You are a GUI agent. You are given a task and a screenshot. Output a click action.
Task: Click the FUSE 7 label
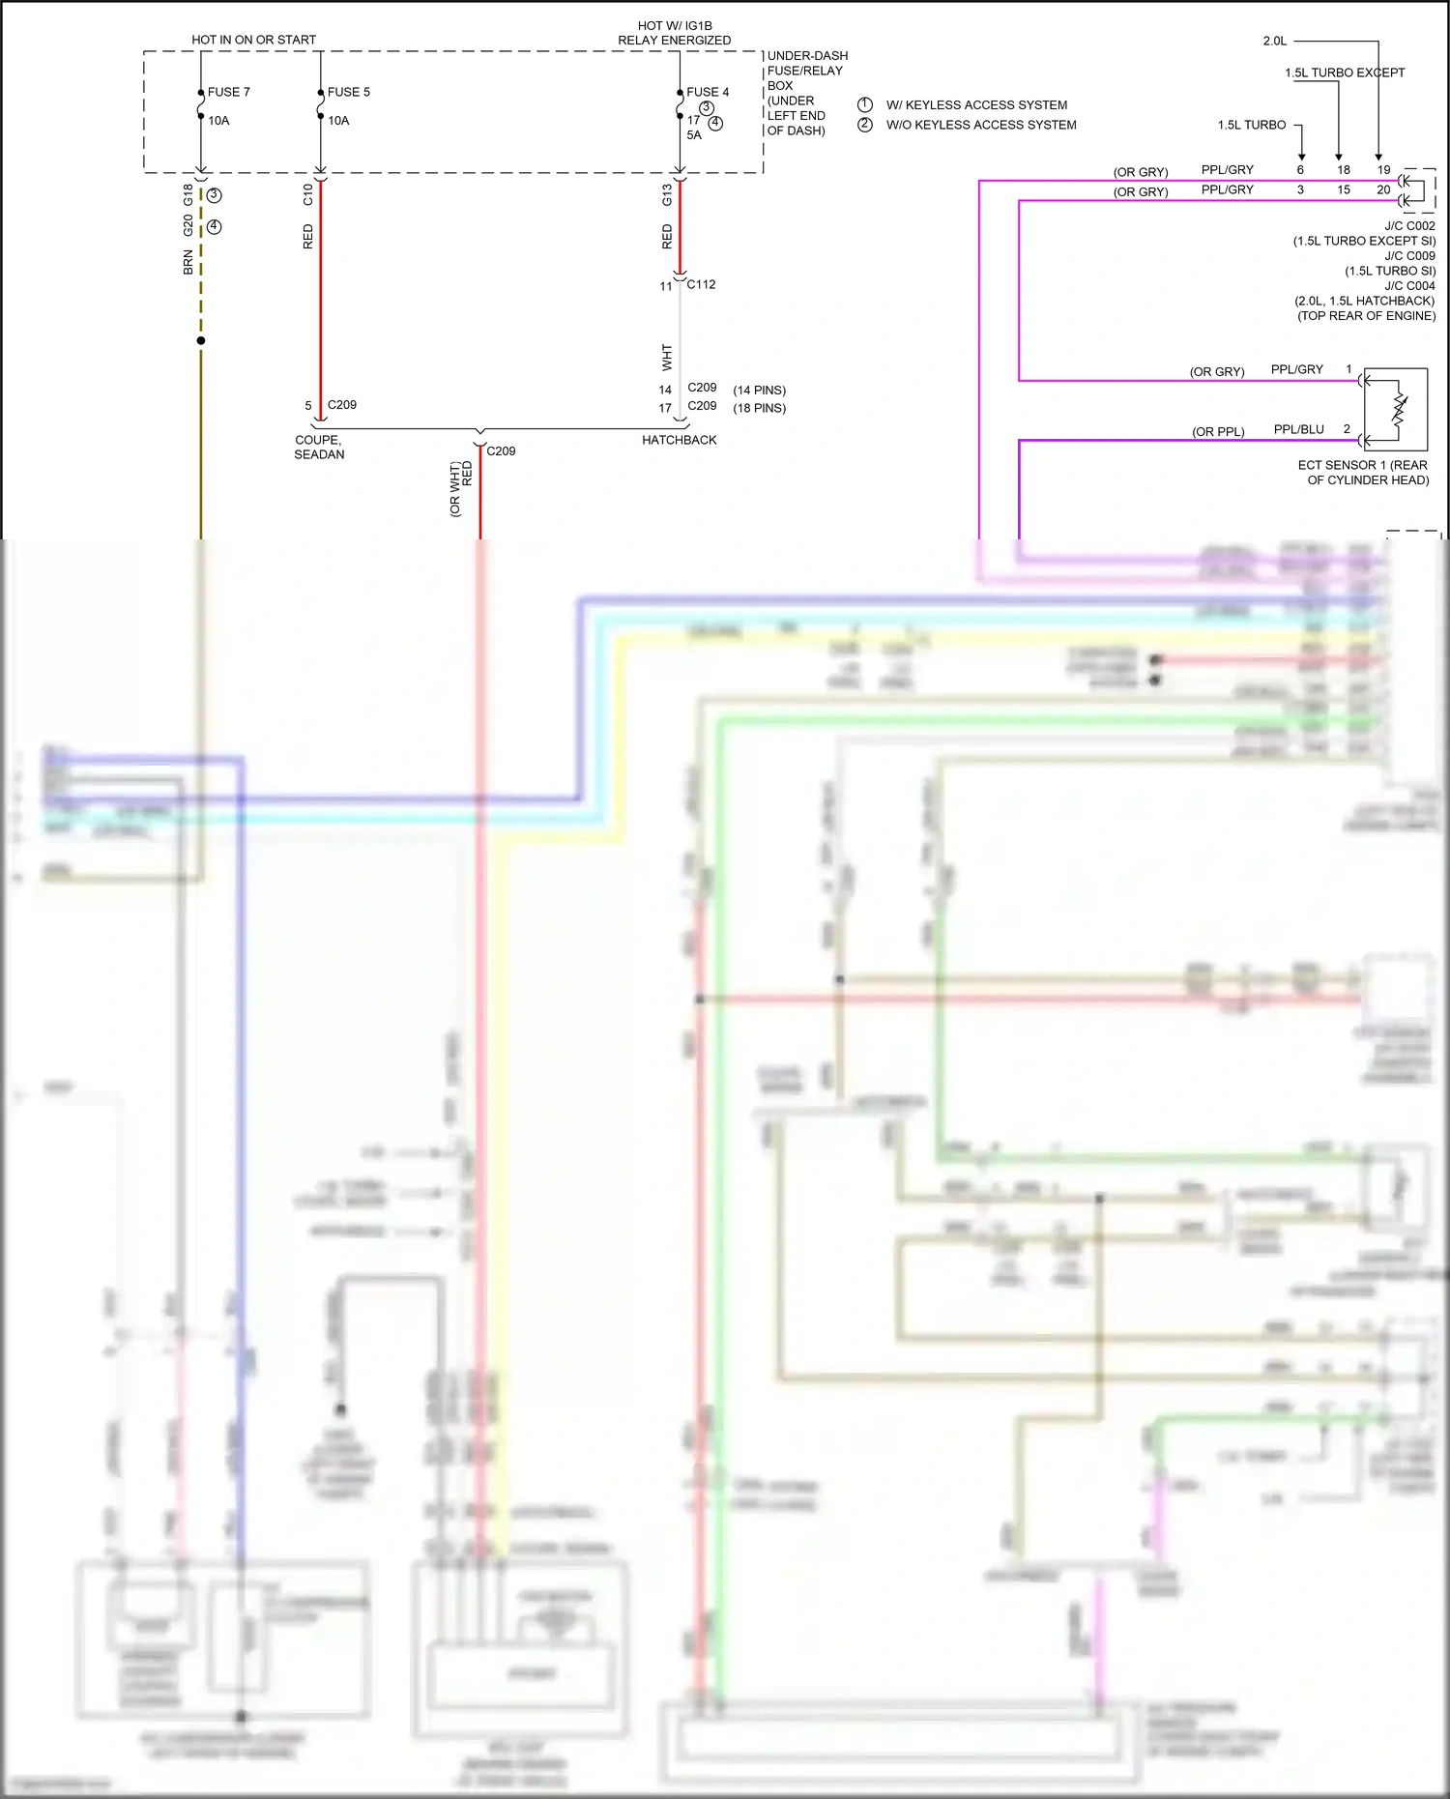tap(228, 92)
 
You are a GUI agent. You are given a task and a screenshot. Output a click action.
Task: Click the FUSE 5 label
tap(348, 92)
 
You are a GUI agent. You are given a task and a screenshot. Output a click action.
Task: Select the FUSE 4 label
tap(708, 92)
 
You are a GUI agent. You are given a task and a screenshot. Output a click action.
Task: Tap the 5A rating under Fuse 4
tap(694, 135)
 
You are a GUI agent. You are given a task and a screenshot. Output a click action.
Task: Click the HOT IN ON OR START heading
tap(253, 40)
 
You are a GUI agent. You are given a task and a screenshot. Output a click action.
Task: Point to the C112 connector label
tap(701, 284)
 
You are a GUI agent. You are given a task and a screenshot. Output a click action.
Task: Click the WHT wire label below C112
tap(667, 357)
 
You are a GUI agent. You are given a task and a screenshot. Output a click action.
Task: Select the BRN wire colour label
tap(188, 262)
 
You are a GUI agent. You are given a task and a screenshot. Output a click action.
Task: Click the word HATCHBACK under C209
tap(679, 440)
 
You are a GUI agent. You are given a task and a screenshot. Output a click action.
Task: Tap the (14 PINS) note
tap(759, 391)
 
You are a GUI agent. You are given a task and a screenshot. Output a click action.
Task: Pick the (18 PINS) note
tap(759, 408)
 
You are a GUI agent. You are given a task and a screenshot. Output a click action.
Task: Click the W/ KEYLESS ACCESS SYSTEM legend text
tap(976, 104)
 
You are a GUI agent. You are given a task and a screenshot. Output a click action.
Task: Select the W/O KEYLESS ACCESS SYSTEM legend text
tap(980, 125)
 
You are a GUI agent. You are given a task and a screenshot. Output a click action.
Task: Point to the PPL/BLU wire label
tap(1298, 429)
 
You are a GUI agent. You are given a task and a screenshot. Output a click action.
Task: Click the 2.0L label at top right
tap(1274, 41)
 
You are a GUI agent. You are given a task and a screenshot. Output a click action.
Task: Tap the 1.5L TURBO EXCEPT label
tap(1344, 73)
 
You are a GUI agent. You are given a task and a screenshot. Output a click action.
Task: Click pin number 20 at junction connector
tap(1382, 189)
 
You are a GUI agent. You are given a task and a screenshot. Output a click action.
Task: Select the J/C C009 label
tap(1409, 256)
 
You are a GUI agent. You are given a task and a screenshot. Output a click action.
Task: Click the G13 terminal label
tap(667, 194)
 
